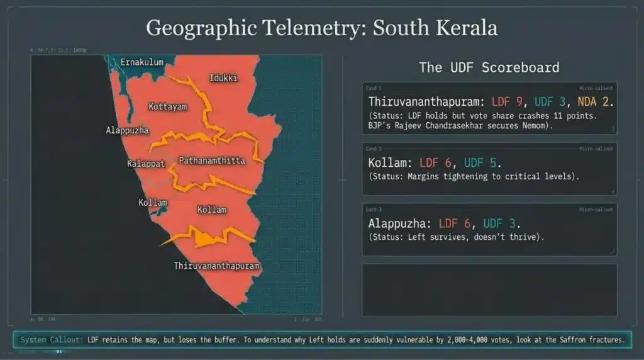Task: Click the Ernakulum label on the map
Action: [142, 62]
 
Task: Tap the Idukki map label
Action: [223, 78]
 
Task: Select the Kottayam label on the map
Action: [167, 107]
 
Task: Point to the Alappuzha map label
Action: [127, 130]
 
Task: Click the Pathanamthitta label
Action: [212, 160]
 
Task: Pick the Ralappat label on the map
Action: [145, 164]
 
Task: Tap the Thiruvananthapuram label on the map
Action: [216, 266]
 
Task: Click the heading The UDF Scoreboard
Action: [489, 67]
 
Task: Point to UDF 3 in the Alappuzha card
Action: [501, 223]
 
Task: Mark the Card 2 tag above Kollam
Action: [374, 149]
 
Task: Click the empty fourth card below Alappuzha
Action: [489, 290]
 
